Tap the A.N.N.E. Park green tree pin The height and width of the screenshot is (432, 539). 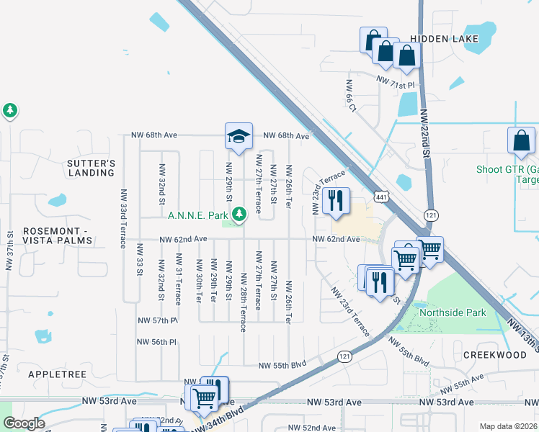click(239, 214)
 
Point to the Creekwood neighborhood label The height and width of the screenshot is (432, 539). click(495, 355)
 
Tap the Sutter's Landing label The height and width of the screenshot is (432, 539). click(92, 168)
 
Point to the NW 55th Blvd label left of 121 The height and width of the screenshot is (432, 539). click(283, 365)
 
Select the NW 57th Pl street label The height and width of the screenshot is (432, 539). click(158, 320)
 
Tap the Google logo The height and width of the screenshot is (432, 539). click(24, 423)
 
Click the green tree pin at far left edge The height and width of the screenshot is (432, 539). click(10, 111)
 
